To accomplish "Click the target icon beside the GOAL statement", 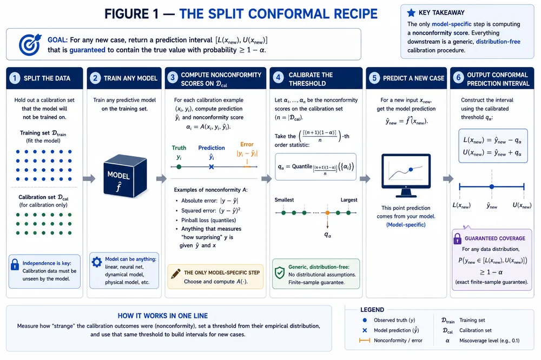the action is tap(30, 44).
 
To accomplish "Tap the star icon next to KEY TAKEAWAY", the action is tap(411, 13).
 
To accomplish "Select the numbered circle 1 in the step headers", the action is tap(15, 78).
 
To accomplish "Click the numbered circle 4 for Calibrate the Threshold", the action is tap(278, 77).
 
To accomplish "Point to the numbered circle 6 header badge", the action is tap(458, 77).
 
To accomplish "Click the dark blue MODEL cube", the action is tap(126, 176).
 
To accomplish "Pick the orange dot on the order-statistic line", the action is tap(327, 213).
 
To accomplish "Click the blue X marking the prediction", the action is tap(212, 167).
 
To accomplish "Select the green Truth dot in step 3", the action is tap(179, 167).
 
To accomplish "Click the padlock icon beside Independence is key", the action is tap(15, 264).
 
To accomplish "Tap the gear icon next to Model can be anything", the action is tap(97, 262).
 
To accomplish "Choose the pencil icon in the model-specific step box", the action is tap(176, 274).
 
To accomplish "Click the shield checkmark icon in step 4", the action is tap(280, 273).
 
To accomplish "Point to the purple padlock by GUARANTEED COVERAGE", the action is tap(458, 238).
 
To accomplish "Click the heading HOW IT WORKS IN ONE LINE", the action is tap(163, 316).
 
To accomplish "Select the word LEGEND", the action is tap(372, 310).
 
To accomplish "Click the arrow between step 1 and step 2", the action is tap(89, 178).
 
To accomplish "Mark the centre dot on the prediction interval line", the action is tap(492, 186).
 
